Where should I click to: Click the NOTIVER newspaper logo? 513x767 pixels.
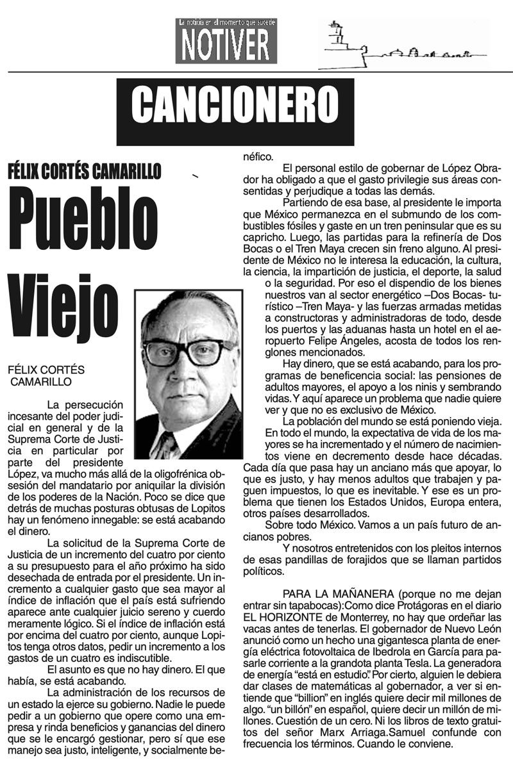point(227,41)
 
